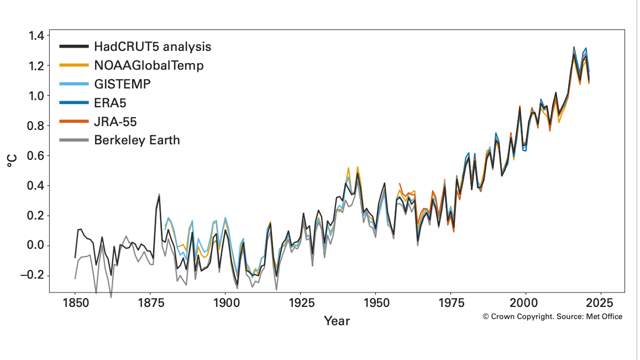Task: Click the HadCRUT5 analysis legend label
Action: (x=153, y=46)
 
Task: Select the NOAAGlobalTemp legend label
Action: (x=149, y=65)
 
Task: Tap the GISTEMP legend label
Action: (x=122, y=84)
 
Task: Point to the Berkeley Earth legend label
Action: (x=137, y=140)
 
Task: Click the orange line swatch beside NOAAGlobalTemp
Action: (x=74, y=65)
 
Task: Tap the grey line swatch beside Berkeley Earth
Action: (x=74, y=140)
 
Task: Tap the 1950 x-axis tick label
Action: (x=375, y=303)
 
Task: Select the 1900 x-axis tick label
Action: (x=225, y=303)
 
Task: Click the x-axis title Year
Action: (x=337, y=321)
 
